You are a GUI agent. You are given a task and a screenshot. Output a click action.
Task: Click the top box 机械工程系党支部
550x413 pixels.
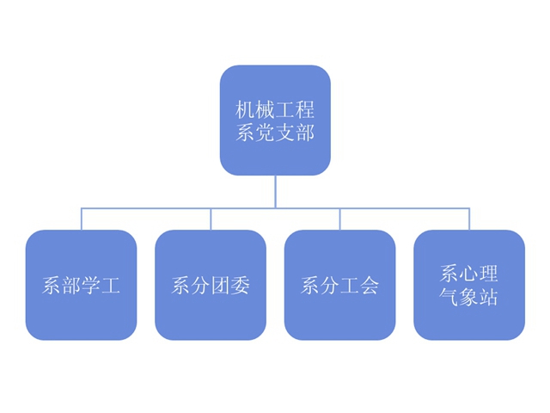point(275,120)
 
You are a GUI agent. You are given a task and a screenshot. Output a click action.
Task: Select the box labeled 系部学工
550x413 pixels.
point(82,285)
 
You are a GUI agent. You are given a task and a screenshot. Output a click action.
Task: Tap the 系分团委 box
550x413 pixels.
point(211,285)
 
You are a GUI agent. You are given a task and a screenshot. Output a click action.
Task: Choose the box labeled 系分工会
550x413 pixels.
point(340,285)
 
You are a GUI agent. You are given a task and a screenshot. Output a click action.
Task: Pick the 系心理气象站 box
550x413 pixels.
point(469,285)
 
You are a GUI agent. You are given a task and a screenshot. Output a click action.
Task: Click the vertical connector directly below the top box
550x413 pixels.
point(275,191)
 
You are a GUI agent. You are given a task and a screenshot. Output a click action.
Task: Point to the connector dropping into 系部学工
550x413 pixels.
point(82,219)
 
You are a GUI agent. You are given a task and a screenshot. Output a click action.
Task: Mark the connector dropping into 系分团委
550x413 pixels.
point(211,219)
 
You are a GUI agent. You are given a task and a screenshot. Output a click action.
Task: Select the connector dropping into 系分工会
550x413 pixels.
point(340,219)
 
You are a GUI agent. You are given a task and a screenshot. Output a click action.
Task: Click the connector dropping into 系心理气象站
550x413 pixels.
point(469,219)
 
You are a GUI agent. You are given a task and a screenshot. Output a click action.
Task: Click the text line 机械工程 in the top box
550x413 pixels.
point(275,109)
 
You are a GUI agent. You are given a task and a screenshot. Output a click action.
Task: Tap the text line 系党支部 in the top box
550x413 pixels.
point(275,133)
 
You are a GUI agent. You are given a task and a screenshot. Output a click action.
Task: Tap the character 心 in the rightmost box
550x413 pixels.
point(469,274)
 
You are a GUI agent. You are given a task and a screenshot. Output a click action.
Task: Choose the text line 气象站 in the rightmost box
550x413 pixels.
point(469,299)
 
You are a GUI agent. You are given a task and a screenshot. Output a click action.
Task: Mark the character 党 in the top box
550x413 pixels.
point(265,133)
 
